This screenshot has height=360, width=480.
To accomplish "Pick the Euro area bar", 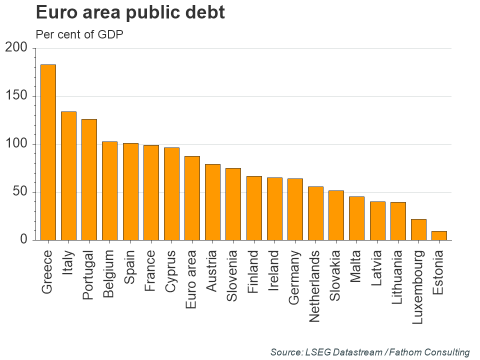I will point(192,198).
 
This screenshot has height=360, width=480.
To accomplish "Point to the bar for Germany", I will point(295,209).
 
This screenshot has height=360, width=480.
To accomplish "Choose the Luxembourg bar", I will point(418,229).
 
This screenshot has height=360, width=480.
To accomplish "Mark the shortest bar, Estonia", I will point(439,235).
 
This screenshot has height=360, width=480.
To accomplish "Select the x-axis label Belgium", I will point(109,274).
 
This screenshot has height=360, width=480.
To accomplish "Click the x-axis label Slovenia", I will point(233,275).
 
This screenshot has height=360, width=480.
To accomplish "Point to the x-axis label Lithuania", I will point(397,277).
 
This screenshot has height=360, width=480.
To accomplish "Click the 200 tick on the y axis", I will point(16,48).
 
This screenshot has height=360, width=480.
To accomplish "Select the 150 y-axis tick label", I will point(16,96).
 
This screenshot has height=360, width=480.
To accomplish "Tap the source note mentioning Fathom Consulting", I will point(370,352).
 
